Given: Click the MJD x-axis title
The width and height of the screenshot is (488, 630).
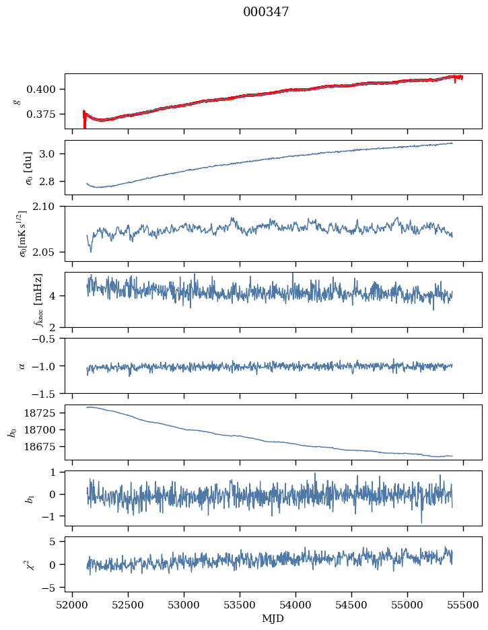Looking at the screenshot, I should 273,618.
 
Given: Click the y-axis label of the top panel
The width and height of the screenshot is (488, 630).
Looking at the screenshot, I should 16,101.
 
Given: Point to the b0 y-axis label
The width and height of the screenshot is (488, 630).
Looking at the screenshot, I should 11,431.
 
